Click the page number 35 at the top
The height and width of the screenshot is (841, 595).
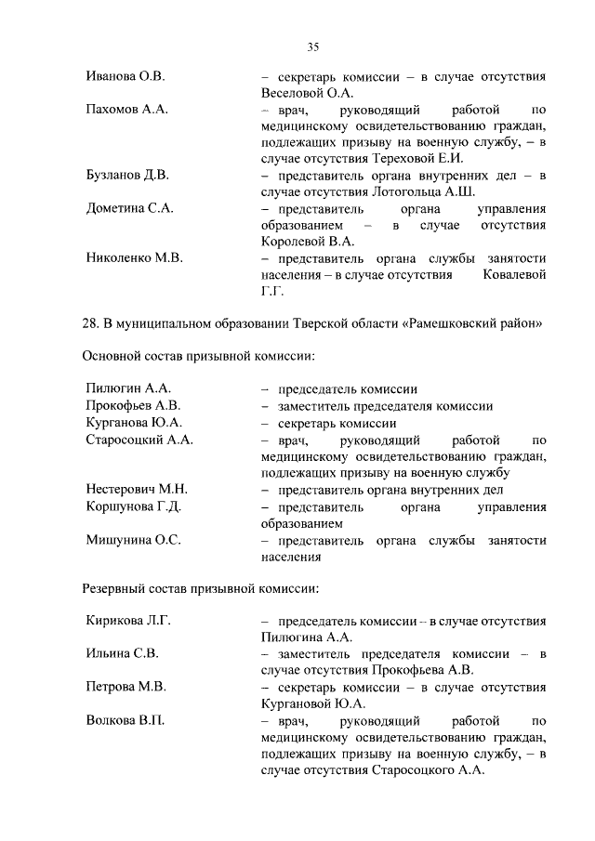(x=313, y=47)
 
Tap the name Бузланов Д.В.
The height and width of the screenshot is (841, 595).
(x=127, y=176)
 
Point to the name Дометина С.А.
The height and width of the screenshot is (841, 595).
(x=129, y=209)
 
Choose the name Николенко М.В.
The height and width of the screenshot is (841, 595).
(x=134, y=258)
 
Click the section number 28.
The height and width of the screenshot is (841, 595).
(x=91, y=322)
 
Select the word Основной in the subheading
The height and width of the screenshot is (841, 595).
(x=113, y=356)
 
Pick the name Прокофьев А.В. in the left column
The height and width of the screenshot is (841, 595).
(x=133, y=406)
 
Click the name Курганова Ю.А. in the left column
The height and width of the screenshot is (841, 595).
(x=133, y=423)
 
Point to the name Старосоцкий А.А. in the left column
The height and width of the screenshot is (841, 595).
(x=139, y=440)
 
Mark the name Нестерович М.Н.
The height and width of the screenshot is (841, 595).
(x=137, y=489)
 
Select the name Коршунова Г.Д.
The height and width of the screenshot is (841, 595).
(x=133, y=506)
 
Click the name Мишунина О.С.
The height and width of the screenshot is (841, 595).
(x=133, y=540)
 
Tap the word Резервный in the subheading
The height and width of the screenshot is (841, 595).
(x=117, y=588)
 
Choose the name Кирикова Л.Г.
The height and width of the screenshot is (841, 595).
(x=128, y=621)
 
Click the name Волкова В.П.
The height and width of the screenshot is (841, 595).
(x=126, y=720)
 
